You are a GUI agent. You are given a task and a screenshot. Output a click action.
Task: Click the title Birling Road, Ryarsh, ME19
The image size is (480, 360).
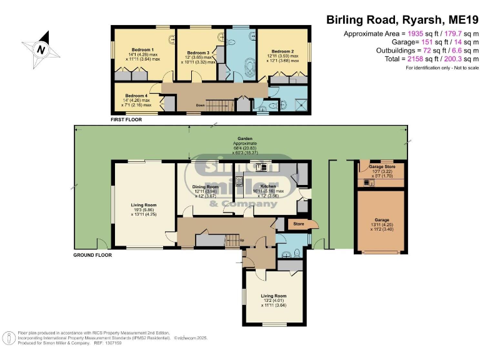click(x=402, y=19)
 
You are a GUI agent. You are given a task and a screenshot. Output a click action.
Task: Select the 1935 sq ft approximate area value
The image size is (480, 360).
click(x=417, y=34)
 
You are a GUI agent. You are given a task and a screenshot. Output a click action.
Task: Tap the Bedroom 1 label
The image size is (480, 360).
click(x=143, y=49)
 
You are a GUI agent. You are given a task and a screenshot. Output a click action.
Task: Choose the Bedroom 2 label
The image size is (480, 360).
click(x=282, y=51)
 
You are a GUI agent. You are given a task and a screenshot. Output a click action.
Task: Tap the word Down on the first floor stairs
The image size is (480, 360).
click(x=200, y=105)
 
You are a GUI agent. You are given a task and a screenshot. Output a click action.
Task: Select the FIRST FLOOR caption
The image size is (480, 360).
click(x=126, y=119)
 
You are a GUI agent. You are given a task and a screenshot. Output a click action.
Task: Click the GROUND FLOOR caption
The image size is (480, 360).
click(x=92, y=255)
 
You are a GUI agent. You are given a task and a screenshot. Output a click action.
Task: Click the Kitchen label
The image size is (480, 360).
click(x=268, y=186)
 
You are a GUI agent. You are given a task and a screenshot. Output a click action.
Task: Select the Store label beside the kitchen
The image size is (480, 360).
click(x=298, y=224)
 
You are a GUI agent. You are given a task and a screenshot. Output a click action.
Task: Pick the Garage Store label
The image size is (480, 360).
click(x=380, y=167)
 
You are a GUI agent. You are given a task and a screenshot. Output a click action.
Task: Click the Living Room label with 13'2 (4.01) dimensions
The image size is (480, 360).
click(x=273, y=296)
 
